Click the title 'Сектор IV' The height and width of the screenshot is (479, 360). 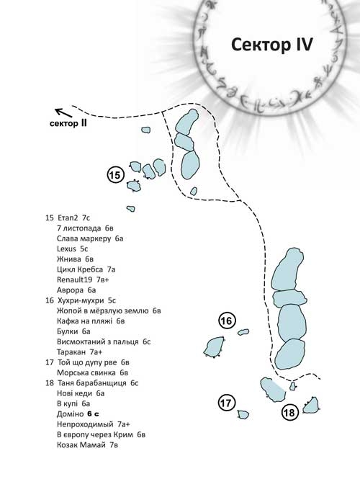point(271,45)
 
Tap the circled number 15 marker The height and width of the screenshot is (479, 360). point(116,175)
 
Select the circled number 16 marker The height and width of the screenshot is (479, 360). point(228,321)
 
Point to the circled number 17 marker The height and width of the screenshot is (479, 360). point(227,403)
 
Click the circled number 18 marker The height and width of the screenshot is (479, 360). point(289,412)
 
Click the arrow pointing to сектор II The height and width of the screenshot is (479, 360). point(63,112)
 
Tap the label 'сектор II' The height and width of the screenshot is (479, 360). point(68,123)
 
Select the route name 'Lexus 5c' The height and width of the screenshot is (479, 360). point(73,249)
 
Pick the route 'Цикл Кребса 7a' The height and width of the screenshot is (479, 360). point(86,269)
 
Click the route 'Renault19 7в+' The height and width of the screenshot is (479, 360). point(83,279)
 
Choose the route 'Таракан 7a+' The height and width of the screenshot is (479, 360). point(80,352)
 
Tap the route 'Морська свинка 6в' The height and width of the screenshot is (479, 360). point(92,372)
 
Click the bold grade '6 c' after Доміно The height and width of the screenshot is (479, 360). point(93,414)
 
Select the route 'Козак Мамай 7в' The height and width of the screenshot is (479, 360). point(87,445)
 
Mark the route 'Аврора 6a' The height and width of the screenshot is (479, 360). point(76,290)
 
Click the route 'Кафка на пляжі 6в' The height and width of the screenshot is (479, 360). point(91,321)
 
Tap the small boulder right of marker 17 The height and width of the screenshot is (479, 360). point(243,415)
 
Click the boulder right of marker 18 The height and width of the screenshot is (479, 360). point(311,405)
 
